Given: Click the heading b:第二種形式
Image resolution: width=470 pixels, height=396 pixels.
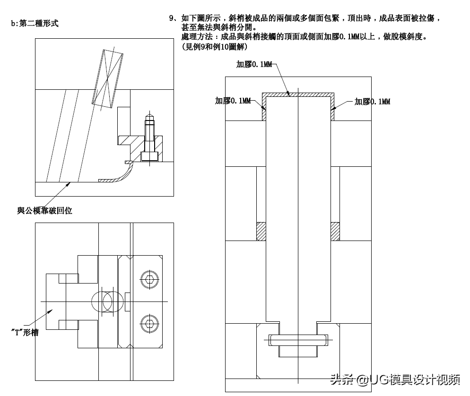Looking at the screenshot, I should pos(35,23).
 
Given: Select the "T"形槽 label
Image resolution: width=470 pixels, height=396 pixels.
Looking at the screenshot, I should pos(25,332).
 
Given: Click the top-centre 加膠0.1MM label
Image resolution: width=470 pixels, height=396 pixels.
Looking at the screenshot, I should pos(254,65).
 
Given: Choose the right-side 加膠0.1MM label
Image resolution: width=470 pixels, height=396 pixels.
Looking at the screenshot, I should pos(373,101).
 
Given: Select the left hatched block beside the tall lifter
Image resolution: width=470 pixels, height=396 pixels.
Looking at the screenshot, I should pos(261,231).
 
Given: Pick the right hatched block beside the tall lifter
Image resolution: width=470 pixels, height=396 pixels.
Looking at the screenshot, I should pos(335,231).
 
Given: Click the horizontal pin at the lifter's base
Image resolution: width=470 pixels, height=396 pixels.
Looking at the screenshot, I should pos(298,339).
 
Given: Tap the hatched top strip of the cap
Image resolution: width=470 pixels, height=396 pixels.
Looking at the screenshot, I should pos(298,94).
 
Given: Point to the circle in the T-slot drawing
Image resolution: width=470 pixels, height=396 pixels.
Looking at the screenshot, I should pos(108,301).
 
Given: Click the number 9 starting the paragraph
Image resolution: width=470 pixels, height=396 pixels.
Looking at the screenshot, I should pos(172,18).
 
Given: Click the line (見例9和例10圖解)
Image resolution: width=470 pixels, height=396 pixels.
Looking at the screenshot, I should pos(214,47).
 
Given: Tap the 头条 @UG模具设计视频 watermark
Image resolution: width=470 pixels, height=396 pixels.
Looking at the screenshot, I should pos(395,379).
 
